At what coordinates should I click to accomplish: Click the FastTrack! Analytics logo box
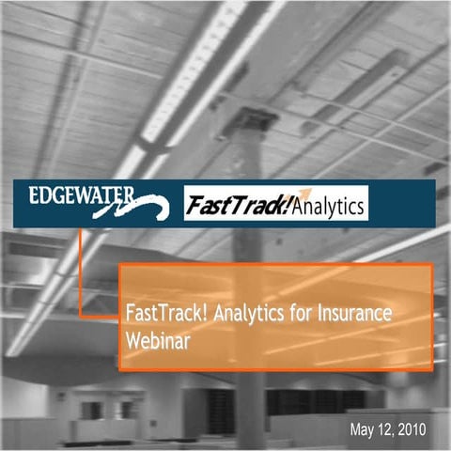point(274,203)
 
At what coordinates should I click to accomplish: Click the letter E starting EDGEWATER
point(33,196)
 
